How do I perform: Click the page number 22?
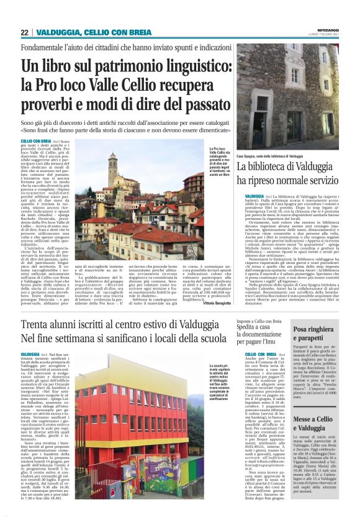24,32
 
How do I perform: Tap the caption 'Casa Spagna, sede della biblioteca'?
271,157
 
